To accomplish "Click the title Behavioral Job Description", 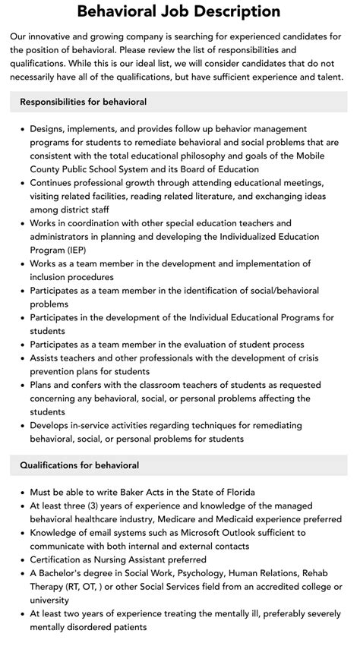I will [179, 11].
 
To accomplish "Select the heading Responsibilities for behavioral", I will [84, 102].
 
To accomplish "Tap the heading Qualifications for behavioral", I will [80, 465].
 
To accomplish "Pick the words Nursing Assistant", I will [137, 559].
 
